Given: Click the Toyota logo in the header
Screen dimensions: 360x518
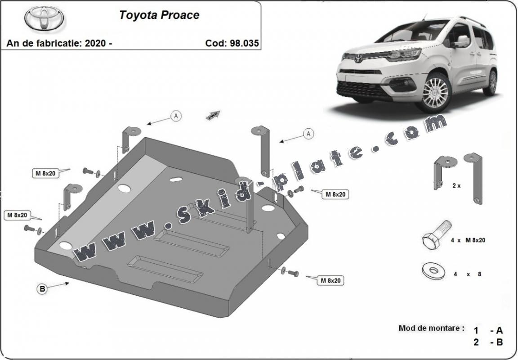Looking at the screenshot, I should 44,18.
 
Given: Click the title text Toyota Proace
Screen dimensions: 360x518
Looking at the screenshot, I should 159,15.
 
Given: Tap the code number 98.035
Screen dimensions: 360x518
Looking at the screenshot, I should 244,43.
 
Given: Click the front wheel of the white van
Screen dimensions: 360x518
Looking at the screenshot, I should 434,93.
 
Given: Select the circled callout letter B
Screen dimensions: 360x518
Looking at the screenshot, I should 42,289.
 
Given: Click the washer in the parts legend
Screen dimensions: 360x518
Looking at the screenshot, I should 433,270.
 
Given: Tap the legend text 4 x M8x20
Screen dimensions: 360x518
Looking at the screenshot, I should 468,240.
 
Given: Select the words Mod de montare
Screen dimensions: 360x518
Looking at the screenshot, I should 431,328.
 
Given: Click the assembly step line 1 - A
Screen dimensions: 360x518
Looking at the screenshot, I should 488,330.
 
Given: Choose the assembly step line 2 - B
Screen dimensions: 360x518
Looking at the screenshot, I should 488,342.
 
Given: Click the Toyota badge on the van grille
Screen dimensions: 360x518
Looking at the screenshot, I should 358,58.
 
